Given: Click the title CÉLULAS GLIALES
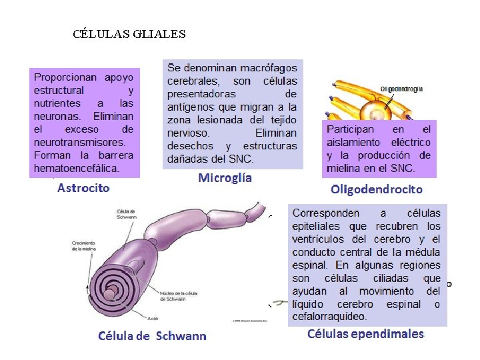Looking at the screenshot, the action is (129, 33).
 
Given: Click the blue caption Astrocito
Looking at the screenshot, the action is (83, 187).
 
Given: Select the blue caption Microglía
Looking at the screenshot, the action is (225, 178).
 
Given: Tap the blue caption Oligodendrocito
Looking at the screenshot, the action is (377, 189).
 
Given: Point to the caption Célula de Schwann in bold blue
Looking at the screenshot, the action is (152, 336).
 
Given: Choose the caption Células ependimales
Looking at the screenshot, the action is (365, 334).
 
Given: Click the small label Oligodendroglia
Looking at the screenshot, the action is (401, 89).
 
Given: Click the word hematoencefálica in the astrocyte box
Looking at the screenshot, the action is (77, 168).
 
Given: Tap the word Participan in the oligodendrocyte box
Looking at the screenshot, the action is (350, 129).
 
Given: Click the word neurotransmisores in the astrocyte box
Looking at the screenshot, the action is (79, 142).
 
